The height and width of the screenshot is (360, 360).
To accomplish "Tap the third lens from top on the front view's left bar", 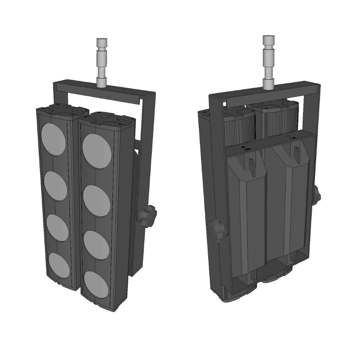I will [58, 228].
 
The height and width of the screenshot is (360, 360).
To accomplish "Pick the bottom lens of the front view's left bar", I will [59, 266].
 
